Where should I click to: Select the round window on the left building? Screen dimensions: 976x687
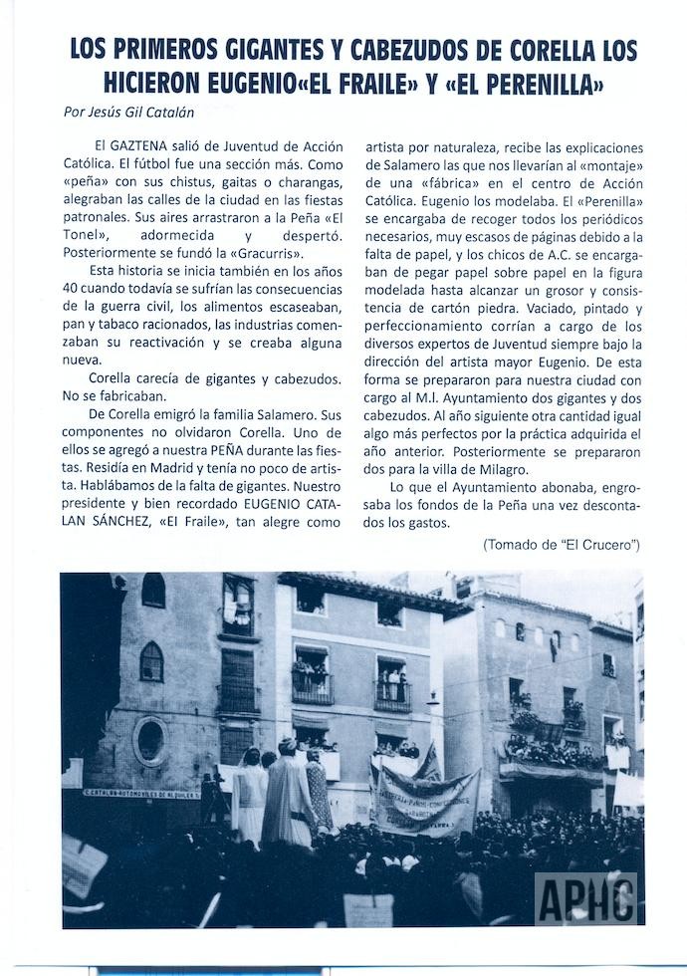coord(150,740)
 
